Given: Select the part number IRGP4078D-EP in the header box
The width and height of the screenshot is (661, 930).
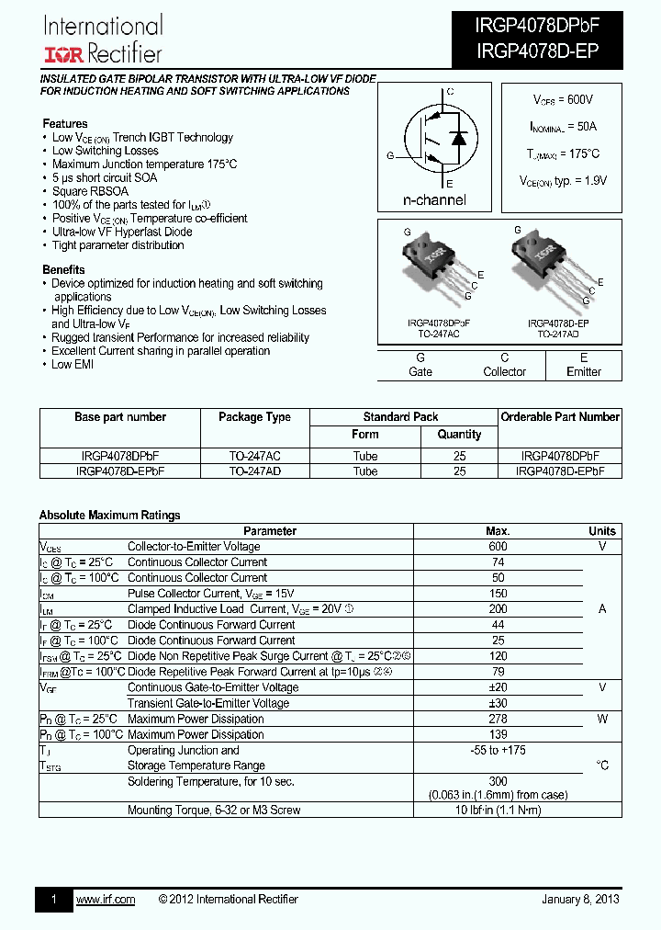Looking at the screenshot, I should click(x=537, y=52).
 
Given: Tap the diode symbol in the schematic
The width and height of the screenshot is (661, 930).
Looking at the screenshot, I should click(x=459, y=138).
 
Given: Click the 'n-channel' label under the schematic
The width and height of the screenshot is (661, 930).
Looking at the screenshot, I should click(x=434, y=199).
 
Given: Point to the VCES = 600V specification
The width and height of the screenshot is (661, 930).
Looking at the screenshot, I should click(x=563, y=99).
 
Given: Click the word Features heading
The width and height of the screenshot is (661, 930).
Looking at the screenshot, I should click(x=65, y=123).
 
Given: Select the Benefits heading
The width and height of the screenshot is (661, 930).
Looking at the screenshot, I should click(x=63, y=269).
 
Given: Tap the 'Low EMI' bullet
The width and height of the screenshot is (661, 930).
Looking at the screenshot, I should click(x=73, y=364).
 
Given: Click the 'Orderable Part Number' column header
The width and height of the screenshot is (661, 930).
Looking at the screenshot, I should click(x=560, y=417).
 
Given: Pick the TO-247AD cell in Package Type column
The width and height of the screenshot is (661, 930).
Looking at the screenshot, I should click(x=254, y=471).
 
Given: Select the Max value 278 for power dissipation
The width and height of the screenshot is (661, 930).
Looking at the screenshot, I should click(x=498, y=719).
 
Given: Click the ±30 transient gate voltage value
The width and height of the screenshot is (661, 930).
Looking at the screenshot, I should click(x=498, y=703).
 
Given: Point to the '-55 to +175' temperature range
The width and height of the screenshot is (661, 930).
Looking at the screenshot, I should click(x=498, y=750).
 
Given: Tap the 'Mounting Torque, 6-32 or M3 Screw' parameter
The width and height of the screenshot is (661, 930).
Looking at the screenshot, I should click(x=214, y=810).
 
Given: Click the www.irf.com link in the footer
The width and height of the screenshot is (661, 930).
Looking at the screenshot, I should click(x=105, y=899).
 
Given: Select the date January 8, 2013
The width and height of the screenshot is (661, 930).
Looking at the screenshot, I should click(x=579, y=899).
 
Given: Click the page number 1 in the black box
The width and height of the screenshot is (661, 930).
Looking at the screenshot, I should click(x=53, y=899).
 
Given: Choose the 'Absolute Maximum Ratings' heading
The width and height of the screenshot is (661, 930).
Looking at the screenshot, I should click(x=109, y=515).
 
